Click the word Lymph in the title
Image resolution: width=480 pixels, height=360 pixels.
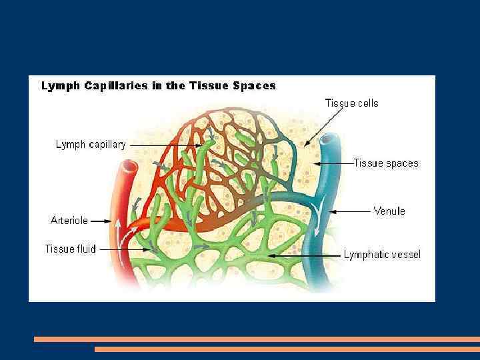(x=61, y=85)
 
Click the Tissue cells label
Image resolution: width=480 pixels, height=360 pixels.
(x=351, y=103)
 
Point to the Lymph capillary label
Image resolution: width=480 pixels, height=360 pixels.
(x=91, y=144)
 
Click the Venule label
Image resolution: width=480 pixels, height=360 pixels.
(x=389, y=211)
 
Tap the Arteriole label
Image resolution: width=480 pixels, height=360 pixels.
(x=69, y=219)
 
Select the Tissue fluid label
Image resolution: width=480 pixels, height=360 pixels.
(x=70, y=249)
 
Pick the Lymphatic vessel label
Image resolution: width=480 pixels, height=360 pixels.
(x=382, y=254)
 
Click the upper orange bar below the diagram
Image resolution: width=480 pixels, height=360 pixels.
(x=257, y=339)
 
